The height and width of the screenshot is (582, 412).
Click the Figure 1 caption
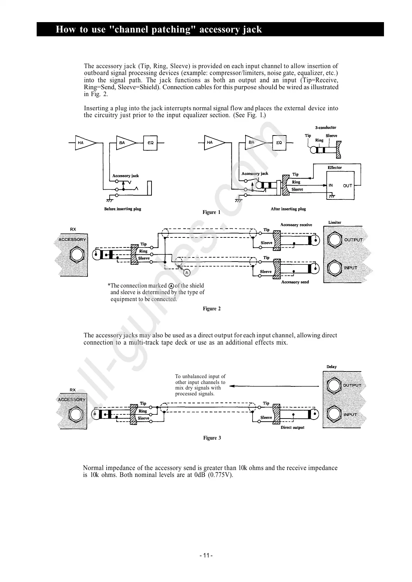coord(211,212)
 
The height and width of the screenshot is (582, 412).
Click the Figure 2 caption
coord(212,309)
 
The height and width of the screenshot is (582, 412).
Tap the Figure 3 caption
coord(212,438)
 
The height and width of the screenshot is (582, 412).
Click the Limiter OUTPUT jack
coord(334,240)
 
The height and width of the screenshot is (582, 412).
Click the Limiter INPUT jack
coord(334,268)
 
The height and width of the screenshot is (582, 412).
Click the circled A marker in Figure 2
coord(187,273)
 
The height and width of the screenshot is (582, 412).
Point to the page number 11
coord(206,556)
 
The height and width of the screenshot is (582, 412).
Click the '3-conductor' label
coord(326,128)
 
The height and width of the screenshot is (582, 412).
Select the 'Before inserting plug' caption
coord(123,209)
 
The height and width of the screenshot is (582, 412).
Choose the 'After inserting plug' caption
coord(288,209)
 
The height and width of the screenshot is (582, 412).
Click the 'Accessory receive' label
coord(296,225)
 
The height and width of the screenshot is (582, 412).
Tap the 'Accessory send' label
coord(295,282)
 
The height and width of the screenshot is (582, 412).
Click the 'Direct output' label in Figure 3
coord(292,428)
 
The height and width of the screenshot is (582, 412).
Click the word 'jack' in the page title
coord(252,29)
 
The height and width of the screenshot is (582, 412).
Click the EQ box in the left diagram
coord(150,143)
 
